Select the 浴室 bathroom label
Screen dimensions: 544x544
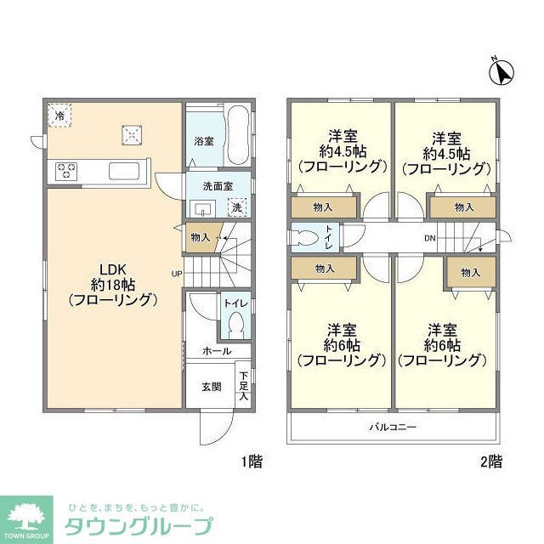(x=203, y=139)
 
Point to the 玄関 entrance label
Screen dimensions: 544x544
(x=211, y=387)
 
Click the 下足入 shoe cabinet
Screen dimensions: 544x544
(x=244, y=386)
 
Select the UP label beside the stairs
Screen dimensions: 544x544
(x=177, y=273)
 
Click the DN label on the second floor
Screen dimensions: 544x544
(x=431, y=237)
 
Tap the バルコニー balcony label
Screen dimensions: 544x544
(x=392, y=426)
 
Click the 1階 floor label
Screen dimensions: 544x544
(x=251, y=463)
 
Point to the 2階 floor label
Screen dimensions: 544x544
(x=490, y=463)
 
